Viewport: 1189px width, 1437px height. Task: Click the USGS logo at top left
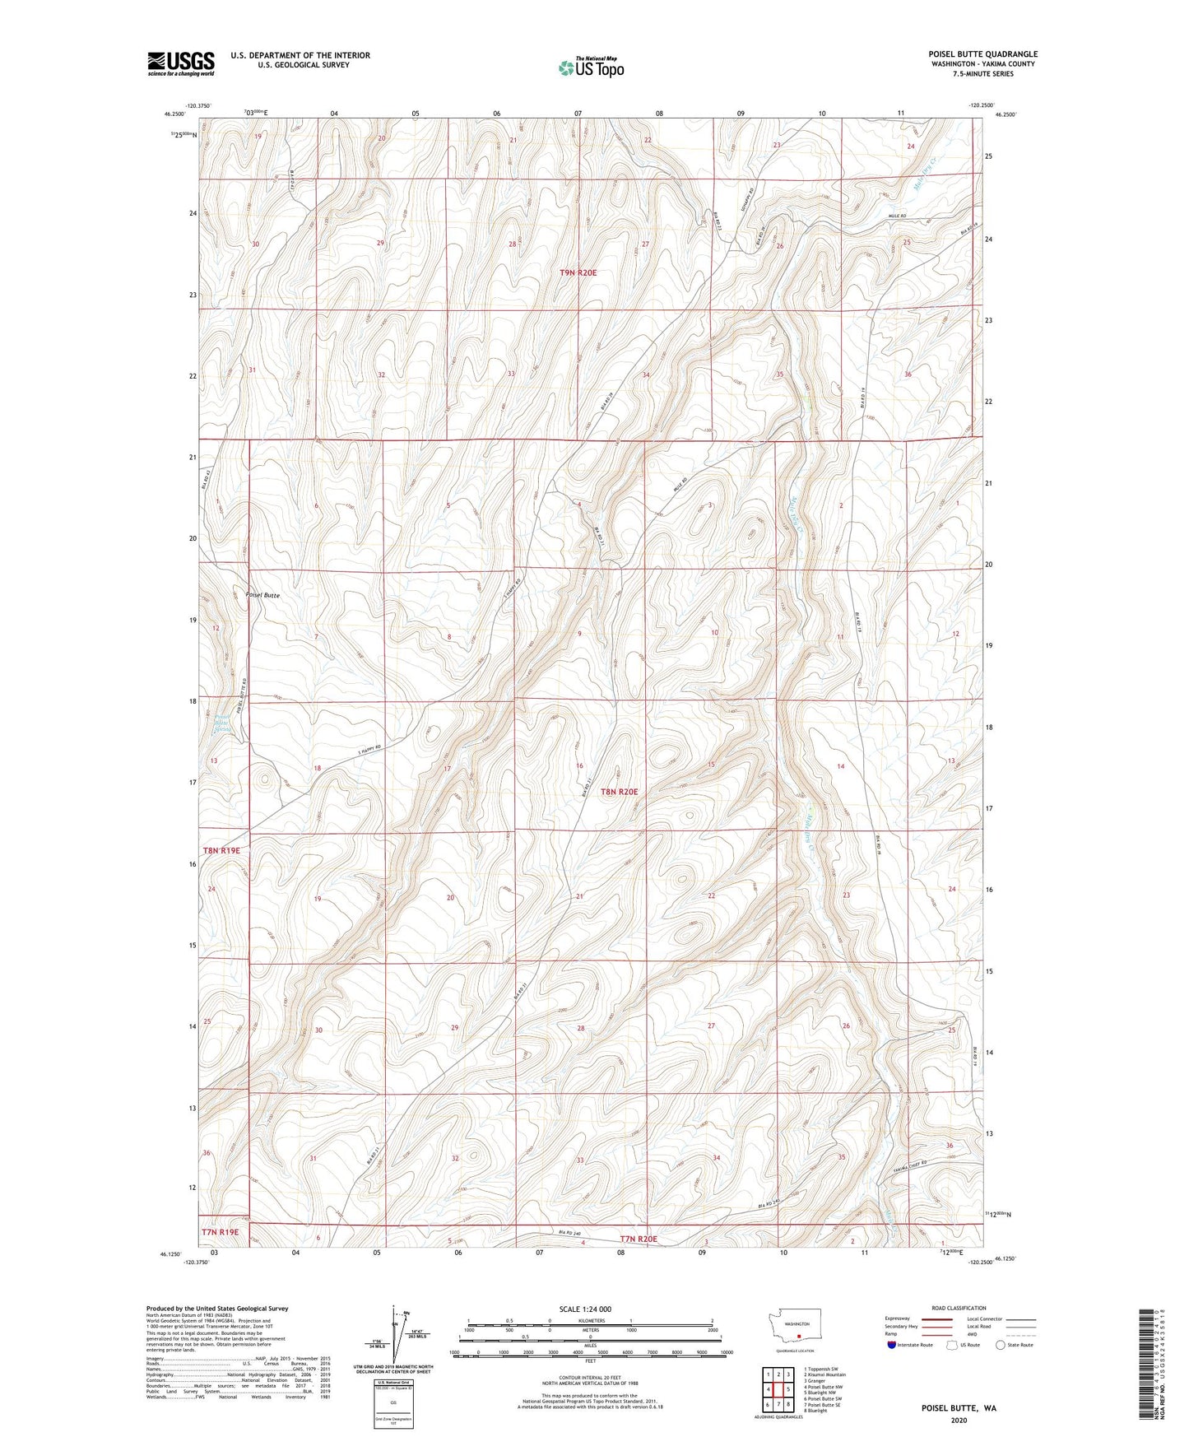click(x=181, y=63)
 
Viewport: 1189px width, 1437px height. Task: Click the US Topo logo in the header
click(x=590, y=67)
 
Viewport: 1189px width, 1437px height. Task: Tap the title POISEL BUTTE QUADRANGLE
click(x=982, y=54)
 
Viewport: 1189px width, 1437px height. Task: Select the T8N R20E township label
click(x=619, y=792)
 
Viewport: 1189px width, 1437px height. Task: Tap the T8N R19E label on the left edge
click(x=221, y=850)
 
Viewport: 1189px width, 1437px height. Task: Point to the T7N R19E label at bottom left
click(x=220, y=1232)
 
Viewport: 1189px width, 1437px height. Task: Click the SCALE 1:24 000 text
click(x=584, y=1309)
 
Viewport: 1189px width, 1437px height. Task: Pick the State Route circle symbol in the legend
click(x=1001, y=1345)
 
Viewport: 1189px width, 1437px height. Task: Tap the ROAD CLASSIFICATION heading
click(x=959, y=1308)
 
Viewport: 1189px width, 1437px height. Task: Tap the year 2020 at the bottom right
click(x=959, y=1421)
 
